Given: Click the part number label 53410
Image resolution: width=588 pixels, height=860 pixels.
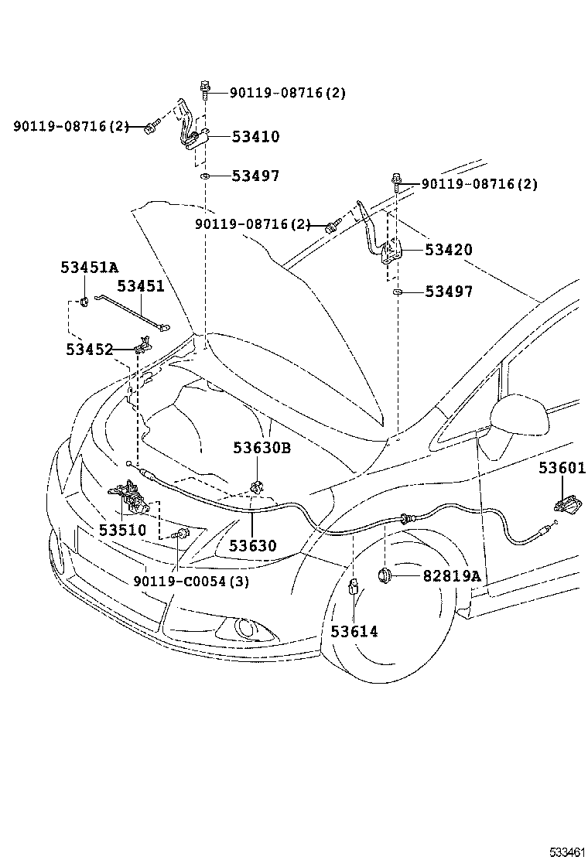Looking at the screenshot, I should [x=255, y=137].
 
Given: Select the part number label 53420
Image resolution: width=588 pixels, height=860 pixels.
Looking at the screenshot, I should [x=448, y=250].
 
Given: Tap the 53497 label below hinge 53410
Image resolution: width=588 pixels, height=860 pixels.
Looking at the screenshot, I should [x=255, y=176].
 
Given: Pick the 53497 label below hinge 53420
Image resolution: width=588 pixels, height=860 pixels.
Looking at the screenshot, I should [x=448, y=292].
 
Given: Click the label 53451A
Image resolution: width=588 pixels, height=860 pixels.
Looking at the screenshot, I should [x=89, y=268].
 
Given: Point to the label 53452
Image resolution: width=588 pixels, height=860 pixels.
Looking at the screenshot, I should [x=89, y=350].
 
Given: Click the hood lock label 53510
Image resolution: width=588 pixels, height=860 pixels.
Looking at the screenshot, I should [x=122, y=530].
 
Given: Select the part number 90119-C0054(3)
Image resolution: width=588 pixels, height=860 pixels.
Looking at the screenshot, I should [x=190, y=582].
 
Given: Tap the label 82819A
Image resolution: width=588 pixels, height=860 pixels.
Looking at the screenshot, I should [x=452, y=576].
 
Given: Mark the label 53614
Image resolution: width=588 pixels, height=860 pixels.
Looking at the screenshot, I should [x=354, y=632].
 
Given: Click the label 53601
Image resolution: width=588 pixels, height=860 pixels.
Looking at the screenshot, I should [x=562, y=469].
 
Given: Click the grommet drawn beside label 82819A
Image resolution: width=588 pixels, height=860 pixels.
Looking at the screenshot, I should [x=385, y=575].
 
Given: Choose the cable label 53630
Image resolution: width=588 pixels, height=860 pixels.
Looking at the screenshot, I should [x=251, y=546].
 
